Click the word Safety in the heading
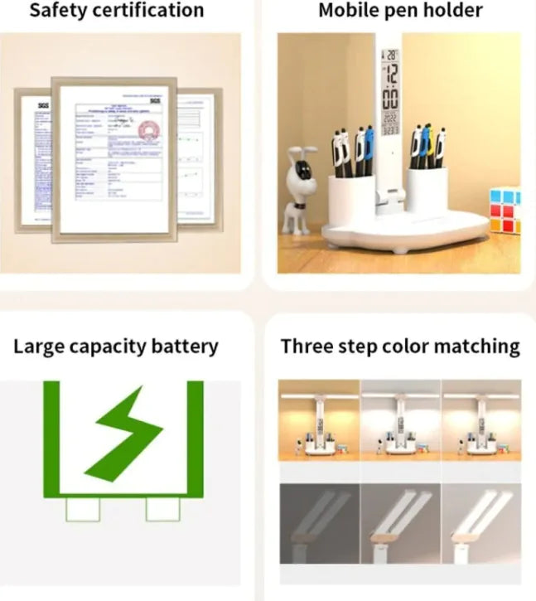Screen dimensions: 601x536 [x=58, y=11]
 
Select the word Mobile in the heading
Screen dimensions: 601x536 [x=350, y=11]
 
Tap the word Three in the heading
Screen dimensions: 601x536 [x=307, y=346]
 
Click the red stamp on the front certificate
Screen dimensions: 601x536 [x=148, y=131]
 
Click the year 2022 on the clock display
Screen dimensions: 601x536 [x=389, y=119]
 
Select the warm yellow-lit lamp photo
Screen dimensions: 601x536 [x=318, y=420]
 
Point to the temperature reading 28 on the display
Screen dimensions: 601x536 [x=389, y=55]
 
